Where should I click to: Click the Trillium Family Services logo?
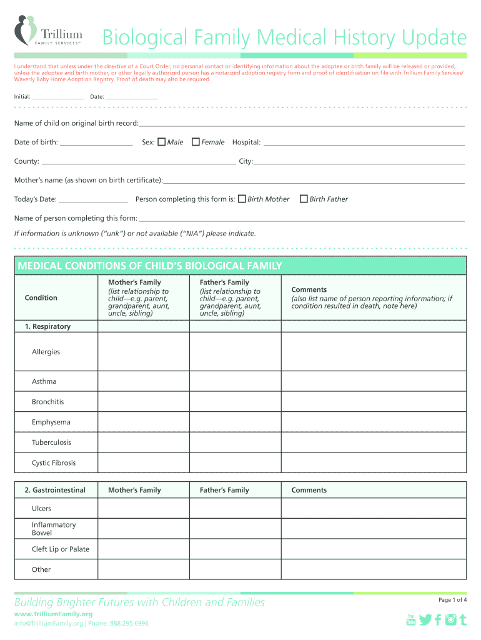point(48,31)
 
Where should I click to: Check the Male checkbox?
point(161,142)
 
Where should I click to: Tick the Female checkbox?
point(196,142)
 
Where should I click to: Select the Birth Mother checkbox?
point(242,199)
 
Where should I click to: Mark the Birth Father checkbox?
point(304,199)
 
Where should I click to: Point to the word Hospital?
point(246,142)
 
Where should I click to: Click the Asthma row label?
point(44,381)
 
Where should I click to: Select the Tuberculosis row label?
point(51,442)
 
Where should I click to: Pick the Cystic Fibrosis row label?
point(54,463)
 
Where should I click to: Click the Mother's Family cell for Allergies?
point(143,352)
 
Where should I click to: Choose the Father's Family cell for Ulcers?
point(235,508)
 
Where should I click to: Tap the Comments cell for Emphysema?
point(373,422)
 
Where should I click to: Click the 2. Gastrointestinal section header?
point(55,490)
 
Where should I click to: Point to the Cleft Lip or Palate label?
point(61,549)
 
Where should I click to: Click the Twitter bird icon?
point(425,619)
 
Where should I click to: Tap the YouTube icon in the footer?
point(411,619)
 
